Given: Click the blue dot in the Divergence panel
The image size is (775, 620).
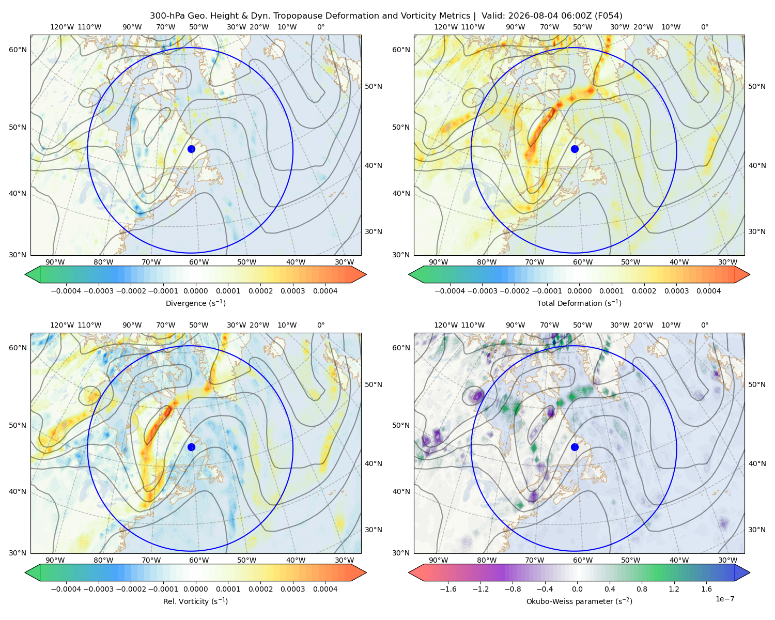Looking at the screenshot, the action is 191,149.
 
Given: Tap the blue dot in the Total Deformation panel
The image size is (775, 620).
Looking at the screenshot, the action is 575,149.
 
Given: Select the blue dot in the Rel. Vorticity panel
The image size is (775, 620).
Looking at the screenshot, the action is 191,447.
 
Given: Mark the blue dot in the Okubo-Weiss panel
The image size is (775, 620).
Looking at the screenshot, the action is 575,447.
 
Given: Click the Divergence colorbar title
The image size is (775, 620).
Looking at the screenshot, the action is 195,303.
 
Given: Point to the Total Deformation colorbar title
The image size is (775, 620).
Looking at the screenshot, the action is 579,303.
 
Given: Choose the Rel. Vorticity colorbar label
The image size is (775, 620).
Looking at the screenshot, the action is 195,601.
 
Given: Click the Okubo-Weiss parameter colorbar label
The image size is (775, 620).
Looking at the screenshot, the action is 579,601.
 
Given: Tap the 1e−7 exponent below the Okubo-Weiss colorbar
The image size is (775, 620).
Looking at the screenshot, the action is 724,599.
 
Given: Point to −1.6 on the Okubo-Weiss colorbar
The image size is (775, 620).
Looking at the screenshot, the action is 448,589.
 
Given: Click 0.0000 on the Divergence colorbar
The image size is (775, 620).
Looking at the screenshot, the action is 195,291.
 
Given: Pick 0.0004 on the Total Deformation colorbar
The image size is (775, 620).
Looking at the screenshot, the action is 708,291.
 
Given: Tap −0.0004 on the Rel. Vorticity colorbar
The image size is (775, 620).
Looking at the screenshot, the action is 66,589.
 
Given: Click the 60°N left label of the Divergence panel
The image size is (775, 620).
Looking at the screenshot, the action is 18,50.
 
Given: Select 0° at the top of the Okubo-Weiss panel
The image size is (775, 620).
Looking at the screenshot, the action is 704,325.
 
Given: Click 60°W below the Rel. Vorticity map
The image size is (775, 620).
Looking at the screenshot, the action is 199,560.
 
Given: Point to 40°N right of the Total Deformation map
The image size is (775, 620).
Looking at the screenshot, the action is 757,166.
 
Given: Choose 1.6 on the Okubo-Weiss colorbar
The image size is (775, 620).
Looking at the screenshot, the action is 706,589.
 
